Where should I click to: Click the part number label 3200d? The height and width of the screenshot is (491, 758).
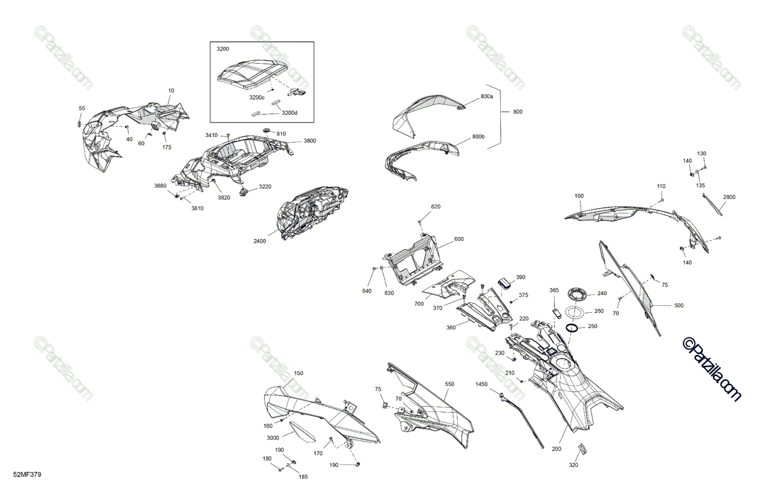(x=289, y=112)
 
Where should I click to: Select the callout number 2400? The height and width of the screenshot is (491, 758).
(x=260, y=241)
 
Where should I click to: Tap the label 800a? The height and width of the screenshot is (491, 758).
(x=486, y=96)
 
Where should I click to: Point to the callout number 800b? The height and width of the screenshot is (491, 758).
(x=478, y=137)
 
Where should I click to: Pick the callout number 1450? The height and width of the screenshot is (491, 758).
(x=482, y=384)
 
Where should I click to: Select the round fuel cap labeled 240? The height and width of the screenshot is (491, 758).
(x=577, y=293)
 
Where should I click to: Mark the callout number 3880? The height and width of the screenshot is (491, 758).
(x=160, y=186)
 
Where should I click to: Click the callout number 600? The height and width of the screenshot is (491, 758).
(x=459, y=239)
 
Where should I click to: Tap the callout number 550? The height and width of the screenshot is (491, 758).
(x=449, y=384)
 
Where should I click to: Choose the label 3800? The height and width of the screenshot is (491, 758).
(x=310, y=140)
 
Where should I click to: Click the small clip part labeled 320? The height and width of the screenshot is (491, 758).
(x=582, y=449)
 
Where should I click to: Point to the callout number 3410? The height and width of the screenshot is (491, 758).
(x=211, y=135)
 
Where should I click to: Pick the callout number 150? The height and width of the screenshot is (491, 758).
(x=299, y=373)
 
